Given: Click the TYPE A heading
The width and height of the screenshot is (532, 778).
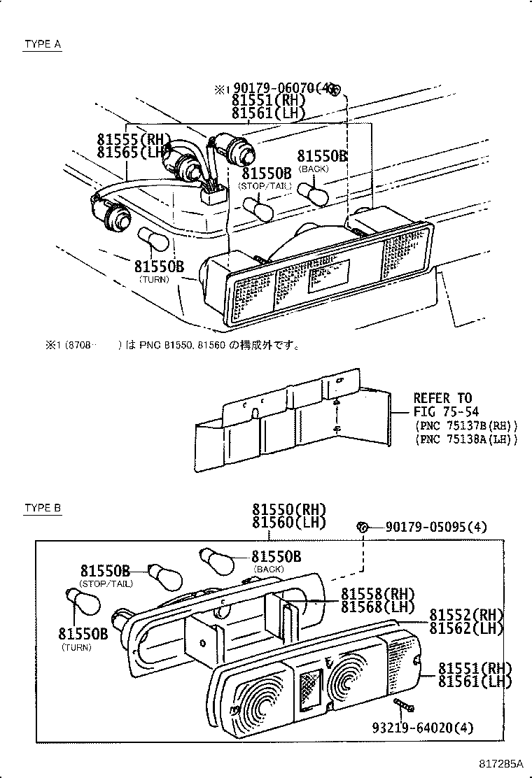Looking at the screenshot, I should tap(43, 44).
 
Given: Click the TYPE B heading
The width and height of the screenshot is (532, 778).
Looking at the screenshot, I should tap(43, 508).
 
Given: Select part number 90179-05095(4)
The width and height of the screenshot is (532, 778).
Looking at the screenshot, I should tap(435, 527).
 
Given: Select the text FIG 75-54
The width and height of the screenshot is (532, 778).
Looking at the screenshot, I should tap(446, 411).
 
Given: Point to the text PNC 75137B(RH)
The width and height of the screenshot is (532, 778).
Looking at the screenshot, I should tap(466, 425).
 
